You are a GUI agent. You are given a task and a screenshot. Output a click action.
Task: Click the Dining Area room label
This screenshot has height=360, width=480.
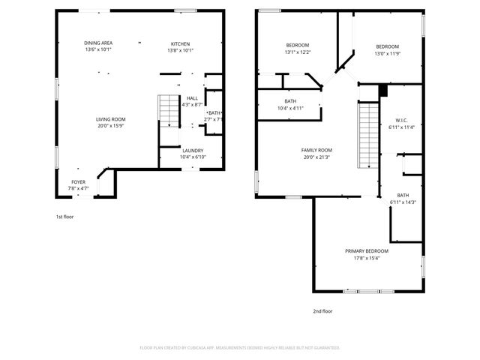97,43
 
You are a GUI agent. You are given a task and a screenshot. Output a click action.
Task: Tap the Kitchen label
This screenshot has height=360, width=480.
181,43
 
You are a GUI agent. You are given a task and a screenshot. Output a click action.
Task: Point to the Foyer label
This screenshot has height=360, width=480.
79,181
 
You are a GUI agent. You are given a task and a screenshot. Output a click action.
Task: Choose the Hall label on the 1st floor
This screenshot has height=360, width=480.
193,98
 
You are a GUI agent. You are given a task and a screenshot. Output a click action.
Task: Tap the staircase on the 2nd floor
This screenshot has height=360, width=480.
367,136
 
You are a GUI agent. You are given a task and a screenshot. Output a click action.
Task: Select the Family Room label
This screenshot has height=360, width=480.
317,150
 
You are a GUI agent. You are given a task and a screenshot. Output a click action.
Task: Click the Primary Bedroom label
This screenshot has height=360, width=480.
367,250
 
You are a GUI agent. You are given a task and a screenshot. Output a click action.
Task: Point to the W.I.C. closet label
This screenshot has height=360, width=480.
401,121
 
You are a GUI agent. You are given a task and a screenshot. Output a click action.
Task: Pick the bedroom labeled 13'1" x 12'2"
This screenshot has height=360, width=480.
297,46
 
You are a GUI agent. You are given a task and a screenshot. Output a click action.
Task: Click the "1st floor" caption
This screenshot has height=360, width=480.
64,217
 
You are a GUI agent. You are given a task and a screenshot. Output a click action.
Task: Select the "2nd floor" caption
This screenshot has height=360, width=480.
322,310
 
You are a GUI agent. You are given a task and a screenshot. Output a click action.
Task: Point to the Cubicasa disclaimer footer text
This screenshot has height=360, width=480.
240,347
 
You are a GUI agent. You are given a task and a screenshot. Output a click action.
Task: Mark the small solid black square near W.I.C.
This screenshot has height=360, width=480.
383,91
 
